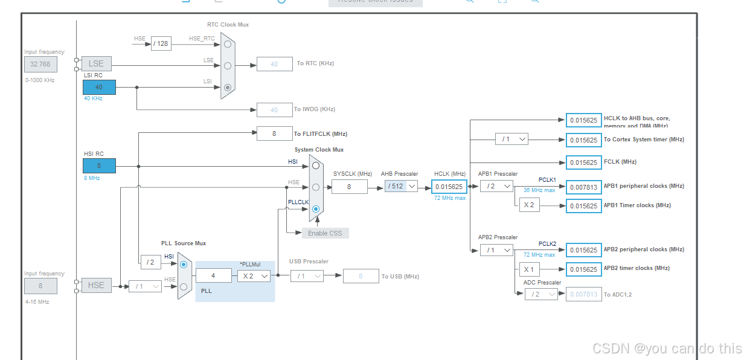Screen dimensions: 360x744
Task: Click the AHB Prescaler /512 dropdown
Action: tap(401, 186)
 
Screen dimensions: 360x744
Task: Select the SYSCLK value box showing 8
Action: tap(349, 187)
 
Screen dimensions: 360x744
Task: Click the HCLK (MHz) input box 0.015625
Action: tap(449, 187)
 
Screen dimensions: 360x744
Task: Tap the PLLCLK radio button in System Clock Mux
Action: tap(316, 208)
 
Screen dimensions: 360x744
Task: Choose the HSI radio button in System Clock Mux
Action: tap(316, 165)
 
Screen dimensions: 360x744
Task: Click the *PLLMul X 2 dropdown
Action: tap(253, 275)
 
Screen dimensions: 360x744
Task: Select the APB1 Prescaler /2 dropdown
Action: tap(496, 186)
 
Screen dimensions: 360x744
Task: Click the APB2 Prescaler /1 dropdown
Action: tap(496, 249)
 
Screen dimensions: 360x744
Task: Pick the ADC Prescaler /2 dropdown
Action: tap(540, 294)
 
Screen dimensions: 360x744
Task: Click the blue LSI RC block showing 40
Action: tap(99, 87)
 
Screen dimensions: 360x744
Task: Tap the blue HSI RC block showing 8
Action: tap(99, 166)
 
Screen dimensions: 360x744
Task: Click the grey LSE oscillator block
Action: tap(97, 63)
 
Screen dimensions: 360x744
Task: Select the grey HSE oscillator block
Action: tap(97, 285)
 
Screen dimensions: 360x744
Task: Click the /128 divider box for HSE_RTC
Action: tap(161, 43)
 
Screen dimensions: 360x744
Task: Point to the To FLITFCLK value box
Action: tap(274, 133)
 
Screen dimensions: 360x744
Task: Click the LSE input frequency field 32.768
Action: tap(41, 64)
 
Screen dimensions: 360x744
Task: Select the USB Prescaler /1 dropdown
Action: tap(307, 276)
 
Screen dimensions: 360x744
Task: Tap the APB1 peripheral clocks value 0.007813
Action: tap(583, 187)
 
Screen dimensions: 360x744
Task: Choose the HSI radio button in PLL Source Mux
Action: tap(184, 265)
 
